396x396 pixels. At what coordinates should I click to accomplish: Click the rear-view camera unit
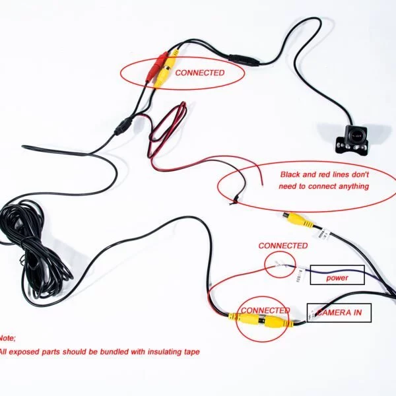click(x=351, y=139)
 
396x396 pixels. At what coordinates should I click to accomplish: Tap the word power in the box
click(x=337, y=278)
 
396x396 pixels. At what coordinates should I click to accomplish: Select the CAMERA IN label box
click(x=339, y=313)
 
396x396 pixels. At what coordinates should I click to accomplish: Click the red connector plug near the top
click(x=156, y=67)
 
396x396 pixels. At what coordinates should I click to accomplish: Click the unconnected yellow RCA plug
click(x=298, y=220)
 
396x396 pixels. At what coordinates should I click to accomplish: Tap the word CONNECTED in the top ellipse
click(x=200, y=73)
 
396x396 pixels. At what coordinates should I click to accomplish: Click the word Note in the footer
click(x=7, y=338)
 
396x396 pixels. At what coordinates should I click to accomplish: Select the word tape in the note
click(x=191, y=352)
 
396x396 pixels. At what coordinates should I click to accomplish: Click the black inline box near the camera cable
click(x=244, y=60)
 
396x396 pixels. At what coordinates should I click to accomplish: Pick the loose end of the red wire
click(x=262, y=185)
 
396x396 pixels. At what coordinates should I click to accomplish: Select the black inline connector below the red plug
click(x=123, y=127)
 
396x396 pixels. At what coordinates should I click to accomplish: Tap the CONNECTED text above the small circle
click(x=283, y=246)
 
